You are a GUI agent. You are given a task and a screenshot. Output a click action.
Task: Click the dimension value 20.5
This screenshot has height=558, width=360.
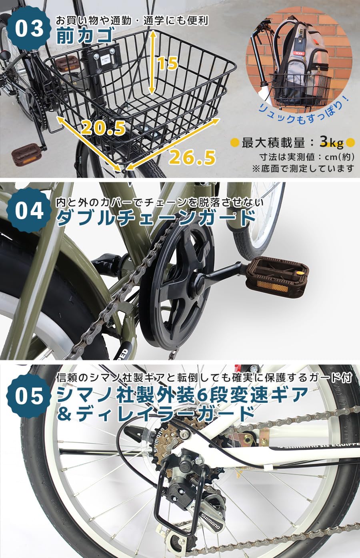point(103,128)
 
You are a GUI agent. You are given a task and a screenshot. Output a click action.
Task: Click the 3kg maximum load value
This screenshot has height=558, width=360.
point(331,142)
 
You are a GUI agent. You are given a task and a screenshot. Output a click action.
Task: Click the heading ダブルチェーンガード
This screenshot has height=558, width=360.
point(156,218)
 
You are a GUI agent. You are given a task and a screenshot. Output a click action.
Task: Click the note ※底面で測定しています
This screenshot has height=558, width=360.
point(303,168)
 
